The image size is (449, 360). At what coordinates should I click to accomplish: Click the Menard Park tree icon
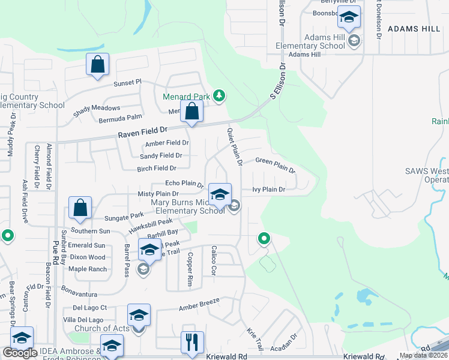[x=220, y=95]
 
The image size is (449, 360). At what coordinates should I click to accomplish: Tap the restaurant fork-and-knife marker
[x=192, y=343]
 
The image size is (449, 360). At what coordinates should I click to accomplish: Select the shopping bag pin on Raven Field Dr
[x=191, y=112]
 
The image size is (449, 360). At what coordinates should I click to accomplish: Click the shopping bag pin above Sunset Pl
[x=97, y=65]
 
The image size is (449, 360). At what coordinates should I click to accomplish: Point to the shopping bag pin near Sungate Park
[x=80, y=208]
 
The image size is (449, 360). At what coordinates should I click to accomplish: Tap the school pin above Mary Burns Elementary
[x=220, y=194]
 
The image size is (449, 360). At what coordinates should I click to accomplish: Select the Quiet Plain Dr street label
[x=234, y=146]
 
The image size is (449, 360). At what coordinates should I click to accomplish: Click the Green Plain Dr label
[x=276, y=164]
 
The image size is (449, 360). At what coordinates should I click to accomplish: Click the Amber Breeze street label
[x=200, y=305]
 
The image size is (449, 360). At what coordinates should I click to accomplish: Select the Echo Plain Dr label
[x=184, y=184]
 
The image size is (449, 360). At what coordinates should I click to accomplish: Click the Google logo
[x=20, y=353]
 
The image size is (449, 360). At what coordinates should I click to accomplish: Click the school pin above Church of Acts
[x=139, y=316]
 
